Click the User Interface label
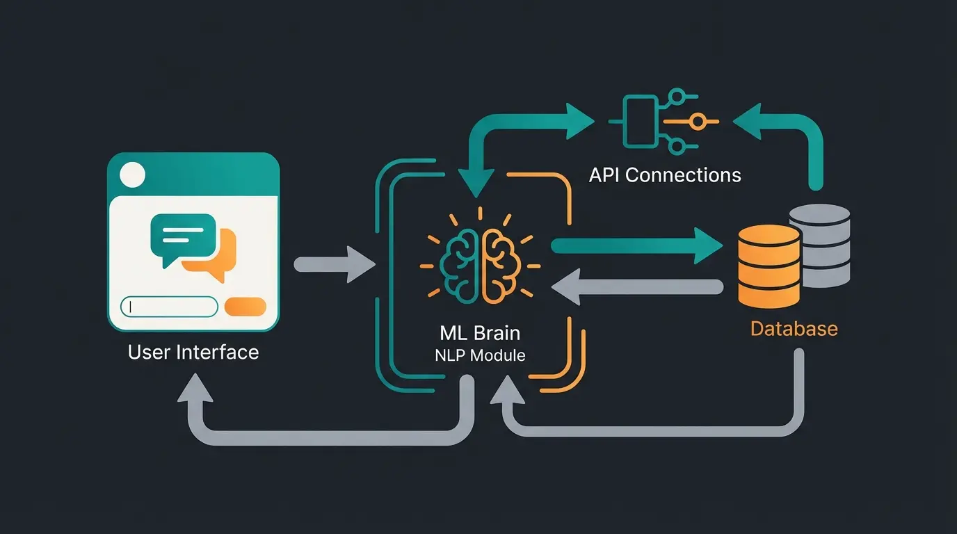pyautogui.click(x=193, y=353)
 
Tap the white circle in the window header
pyautogui.click(x=132, y=175)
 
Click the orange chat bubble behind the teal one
pyautogui.click(x=221, y=259)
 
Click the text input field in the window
pyautogui.click(x=170, y=307)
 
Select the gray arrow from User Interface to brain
pyautogui.click(x=334, y=264)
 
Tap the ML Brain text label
pyautogui.click(x=480, y=332)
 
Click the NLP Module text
pyautogui.click(x=480, y=355)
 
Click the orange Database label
pyautogui.click(x=794, y=328)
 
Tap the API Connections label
pyautogui.click(x=665, y=175)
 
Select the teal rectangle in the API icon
pyautogui.click(x=640, y=122)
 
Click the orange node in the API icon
pyautogui.click(x=695, y=122)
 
